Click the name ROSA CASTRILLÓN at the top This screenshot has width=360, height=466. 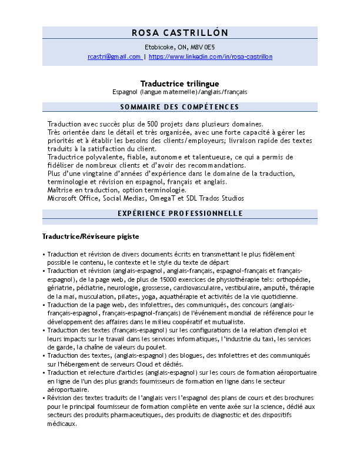pos(180,32)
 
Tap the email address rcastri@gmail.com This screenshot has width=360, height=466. pos(114,56)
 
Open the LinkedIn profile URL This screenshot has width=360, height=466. pos(211,56)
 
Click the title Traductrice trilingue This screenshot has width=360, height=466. pos(179,84)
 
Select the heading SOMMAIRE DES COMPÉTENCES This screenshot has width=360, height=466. pos(179,106)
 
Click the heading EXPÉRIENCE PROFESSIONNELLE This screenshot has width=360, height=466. pos(180,213)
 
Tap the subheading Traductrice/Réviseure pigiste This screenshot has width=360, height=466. pos(91,237)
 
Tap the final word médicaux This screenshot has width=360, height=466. pos(61,423)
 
